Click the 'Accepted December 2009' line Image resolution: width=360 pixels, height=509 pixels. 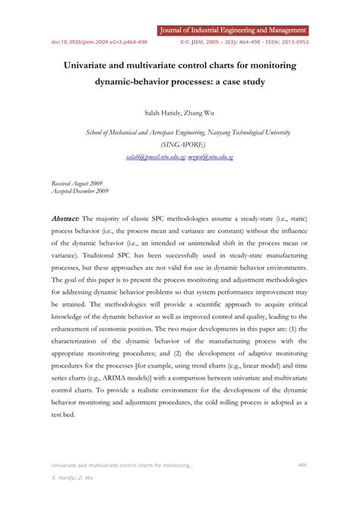[81, 191]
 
